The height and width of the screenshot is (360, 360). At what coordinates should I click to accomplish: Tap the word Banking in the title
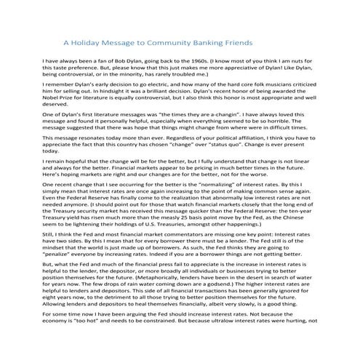pyautogui.click(x=212, y=43)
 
